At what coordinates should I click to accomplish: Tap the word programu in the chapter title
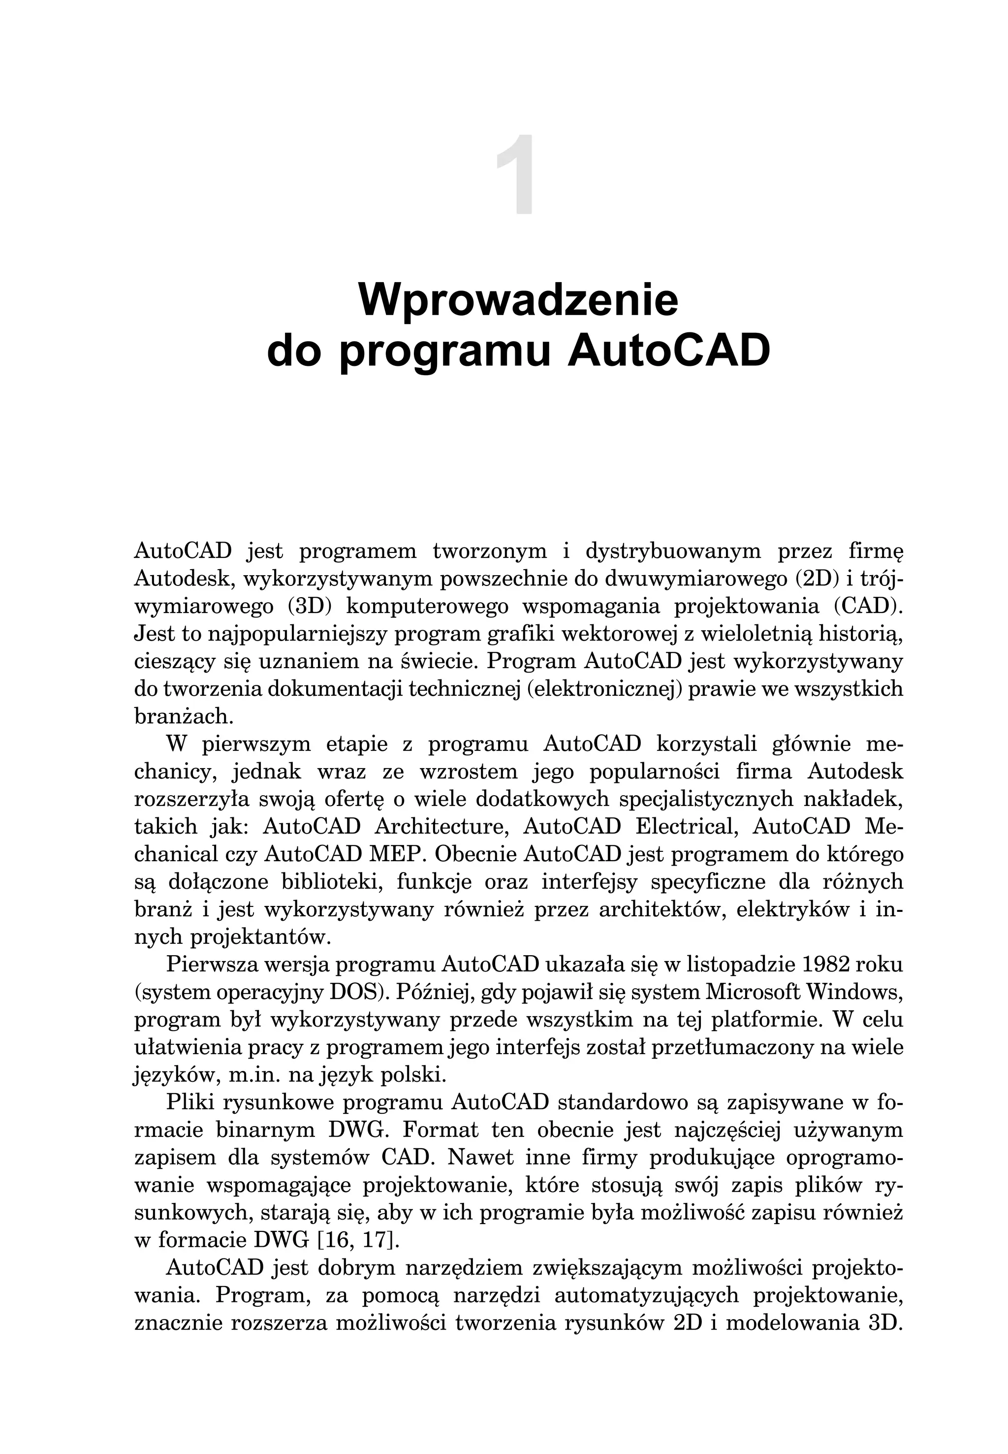[444, 353]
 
